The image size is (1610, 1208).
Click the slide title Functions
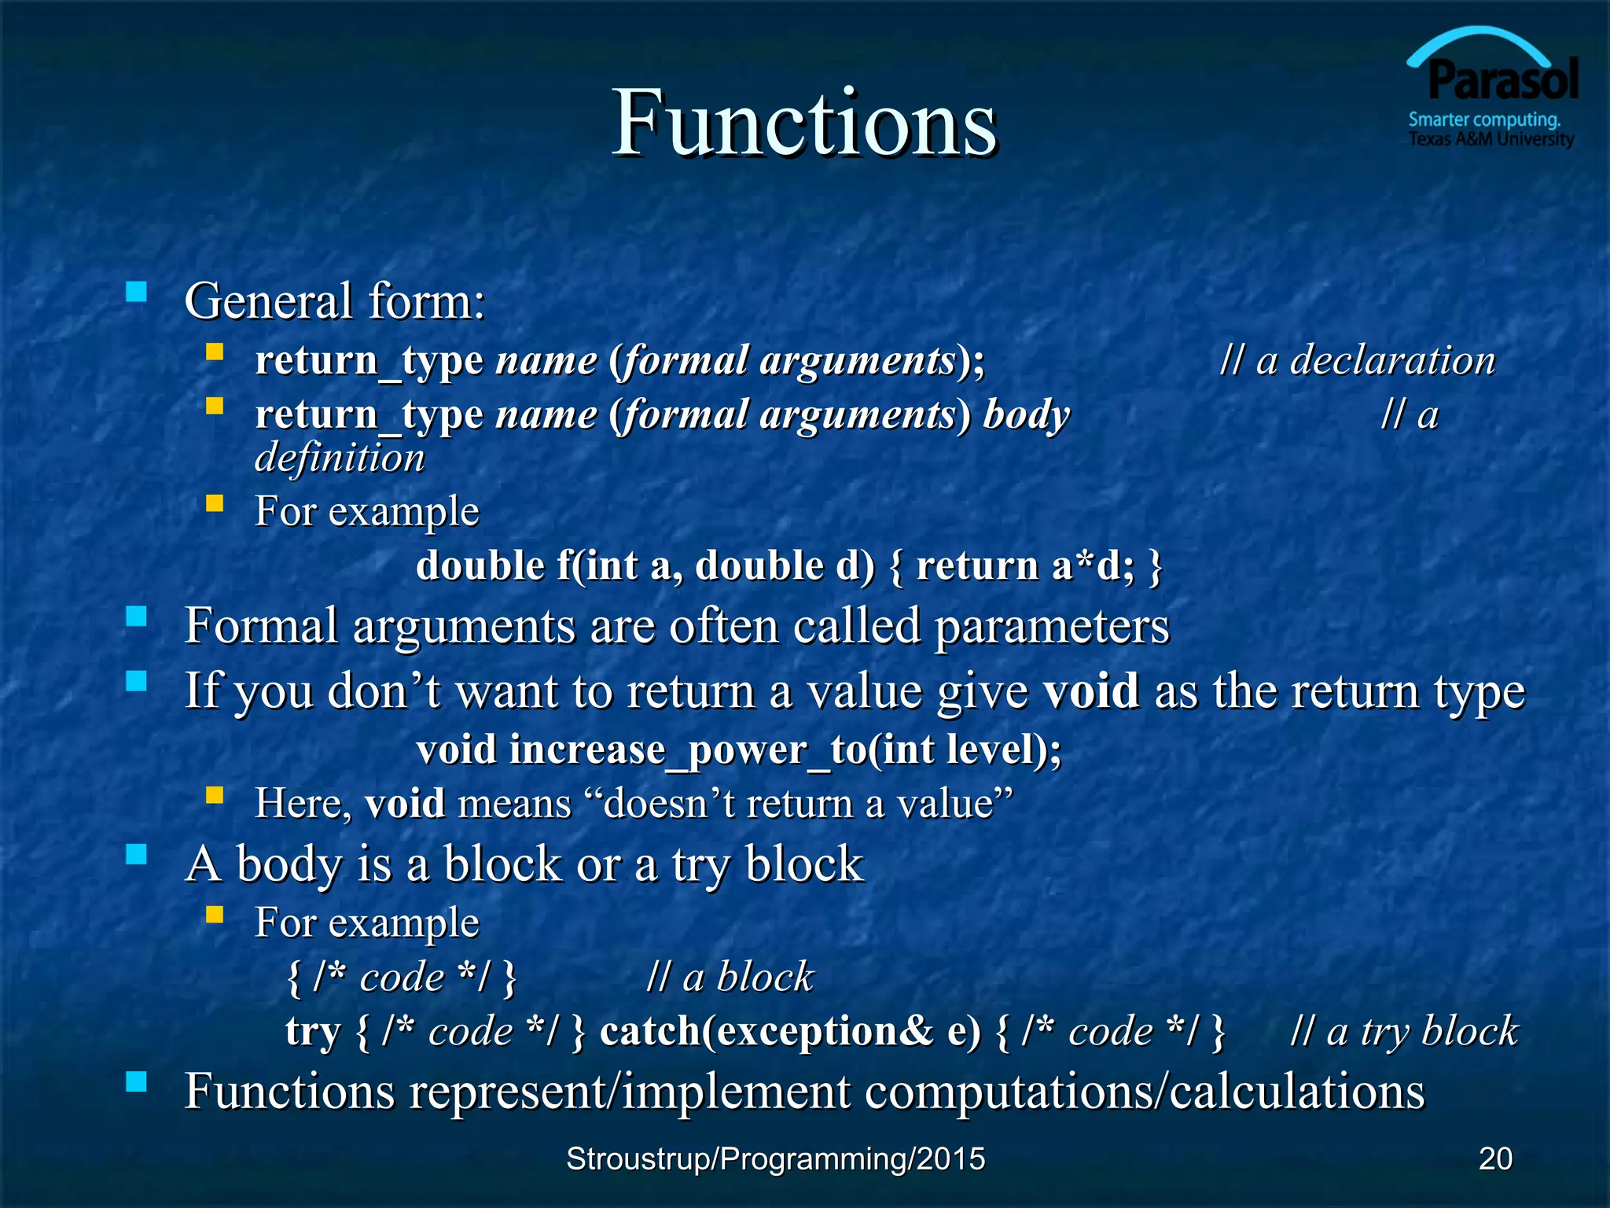coord(804,123)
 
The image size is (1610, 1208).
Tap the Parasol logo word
coord(1502,80)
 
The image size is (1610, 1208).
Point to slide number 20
coord(1494,1158)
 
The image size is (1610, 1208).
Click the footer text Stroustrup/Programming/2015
coord(775,1158)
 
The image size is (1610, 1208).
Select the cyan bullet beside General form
coord(137,293)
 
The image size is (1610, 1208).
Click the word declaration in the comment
coord(1392,361)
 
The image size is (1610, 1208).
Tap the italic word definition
coord(340,458)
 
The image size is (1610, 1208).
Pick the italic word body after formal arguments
coord(1026,415)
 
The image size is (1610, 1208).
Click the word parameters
coord(1052,627)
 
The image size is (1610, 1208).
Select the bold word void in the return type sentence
coord(1091,691)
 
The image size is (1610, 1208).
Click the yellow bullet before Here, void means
coord(215,796)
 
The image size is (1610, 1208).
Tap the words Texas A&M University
coord(1491,140)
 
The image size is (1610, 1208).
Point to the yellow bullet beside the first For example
coord(215,503)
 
